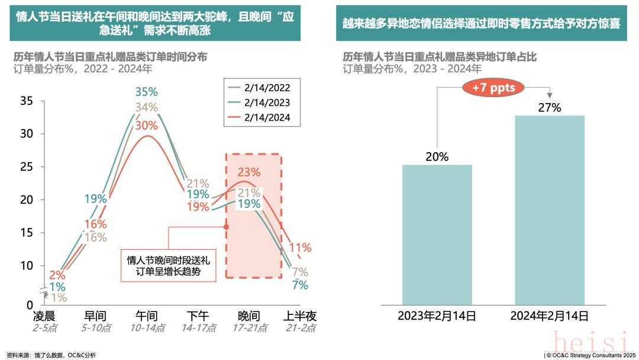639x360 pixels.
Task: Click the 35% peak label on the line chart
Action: (146, 92)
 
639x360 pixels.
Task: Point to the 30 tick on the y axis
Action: (27, 134)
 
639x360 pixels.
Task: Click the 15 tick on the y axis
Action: (27, 233)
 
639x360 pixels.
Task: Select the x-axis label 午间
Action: (146, 317)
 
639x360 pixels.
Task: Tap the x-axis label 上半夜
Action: (298, 317)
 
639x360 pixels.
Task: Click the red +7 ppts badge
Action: (493, 88)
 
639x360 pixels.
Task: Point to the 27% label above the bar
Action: (550, 107)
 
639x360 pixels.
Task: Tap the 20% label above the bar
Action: (437, 157)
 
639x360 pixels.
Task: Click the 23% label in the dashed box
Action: (249, 172)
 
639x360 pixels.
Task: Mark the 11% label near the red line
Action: (300, 247)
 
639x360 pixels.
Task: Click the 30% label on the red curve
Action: (146, 126)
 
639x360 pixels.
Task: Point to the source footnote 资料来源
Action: (51, 354)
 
